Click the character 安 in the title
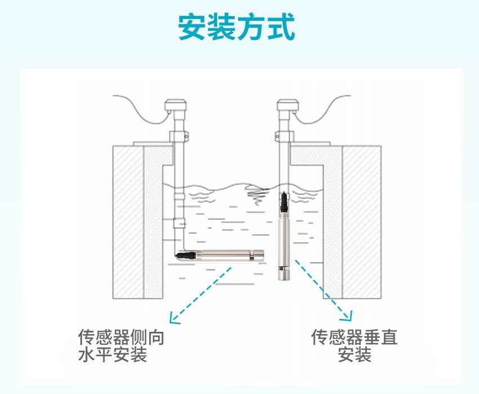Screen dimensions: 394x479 tap(192, 28)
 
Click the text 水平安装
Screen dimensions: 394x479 tap(113, 355)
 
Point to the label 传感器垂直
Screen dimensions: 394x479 tap(354, 337)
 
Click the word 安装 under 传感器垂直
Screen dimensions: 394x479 tap(354, 355)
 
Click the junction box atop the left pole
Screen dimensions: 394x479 tap(175, 106)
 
